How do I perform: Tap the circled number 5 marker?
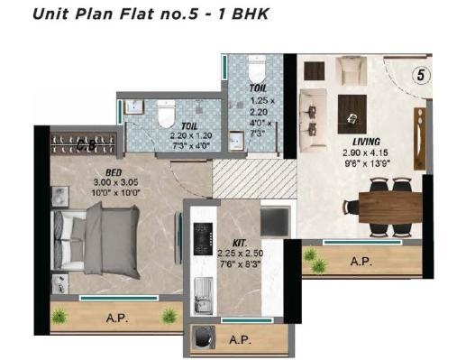[421, 76]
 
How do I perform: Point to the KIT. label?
[241, 244]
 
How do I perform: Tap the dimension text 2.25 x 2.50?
[241, 256]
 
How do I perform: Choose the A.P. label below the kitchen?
[239, 340]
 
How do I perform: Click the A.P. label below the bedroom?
[114, 318]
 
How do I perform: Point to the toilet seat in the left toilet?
[165, 115]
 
